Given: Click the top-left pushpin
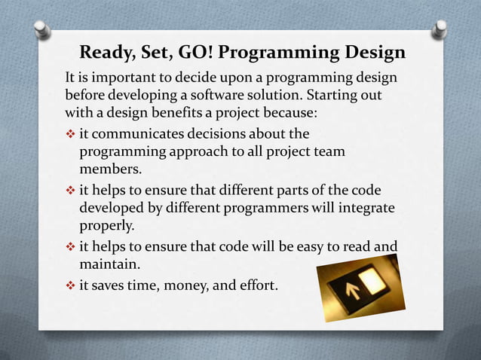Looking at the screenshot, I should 44,29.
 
